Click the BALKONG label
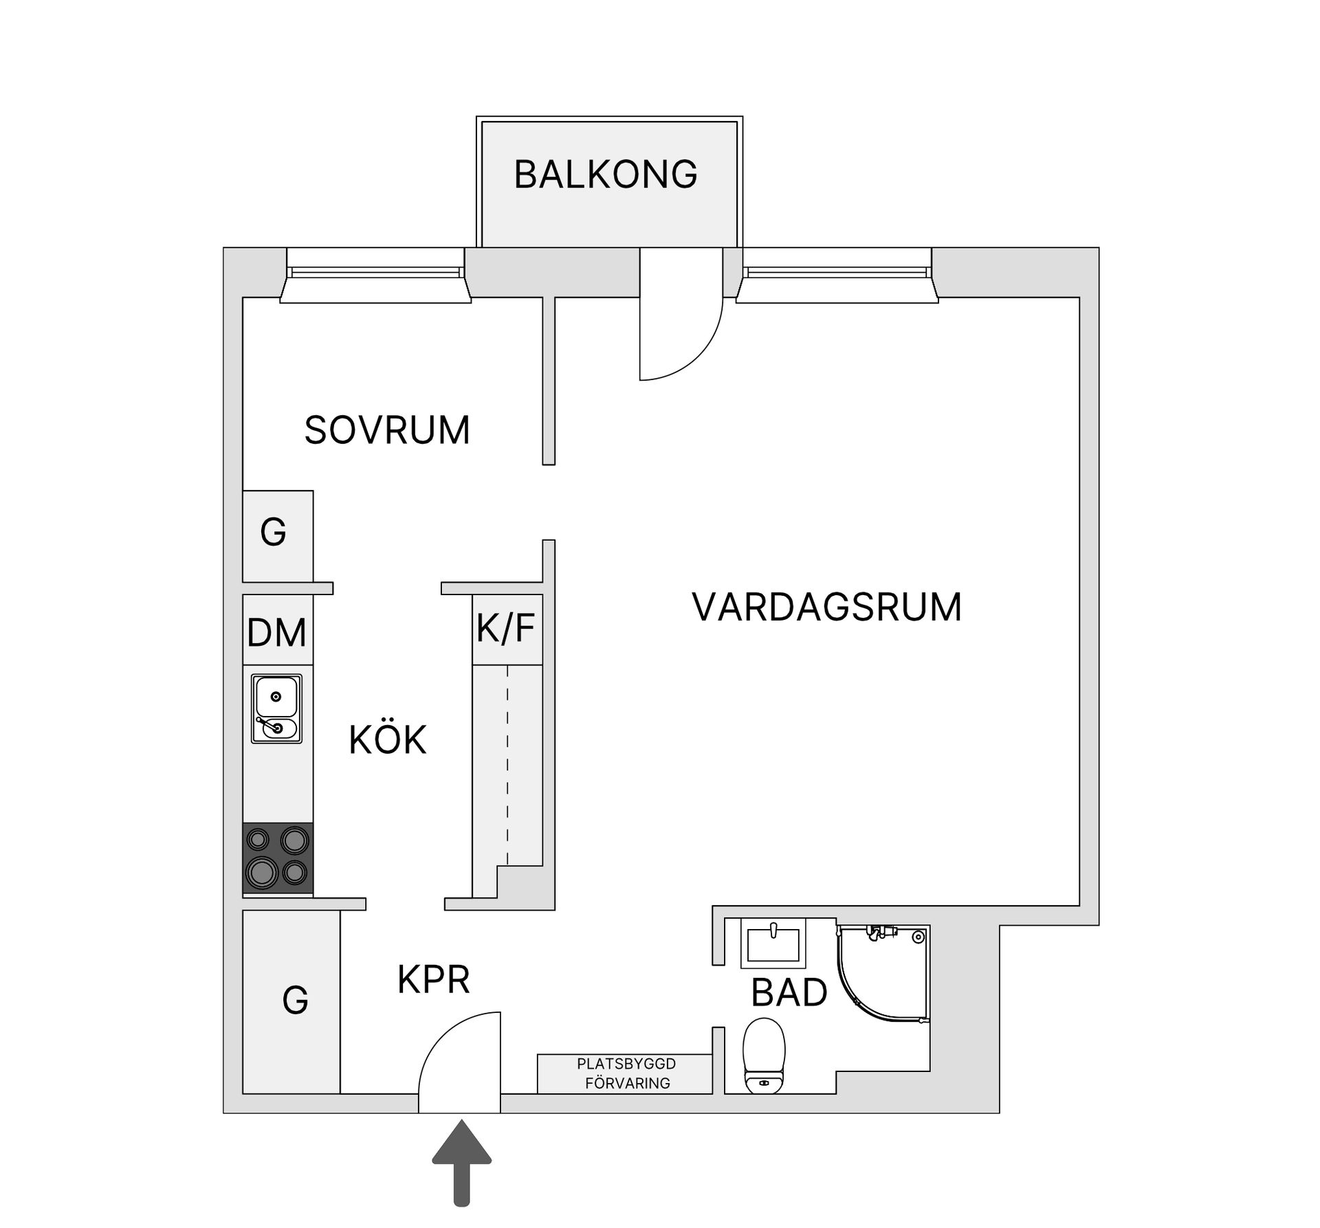(606, 175)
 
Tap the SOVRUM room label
(387, 431)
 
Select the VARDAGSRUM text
(826, 607)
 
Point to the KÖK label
(388, 741)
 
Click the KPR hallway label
(434, 980)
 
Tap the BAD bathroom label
(789, 993)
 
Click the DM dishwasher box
(277, 631)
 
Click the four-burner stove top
(278, 858)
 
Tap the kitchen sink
(276, 708)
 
